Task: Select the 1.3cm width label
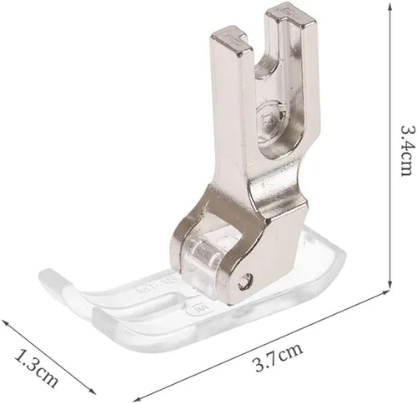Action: pyautogui.click(x=37, y=368)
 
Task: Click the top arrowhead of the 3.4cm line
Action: pyautogui.click(x=389, y=7)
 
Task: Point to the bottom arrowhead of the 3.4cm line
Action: pyautogui.click(x=389, y=284)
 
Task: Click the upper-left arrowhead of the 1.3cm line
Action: pyautogui.click(x=5, y=323)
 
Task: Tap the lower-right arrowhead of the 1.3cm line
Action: pyautogui.click(x=92, y=391)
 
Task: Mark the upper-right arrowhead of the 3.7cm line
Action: pyautogui.click(x=385, y=292)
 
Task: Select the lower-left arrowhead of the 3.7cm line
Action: pyautogui.click(x=138, y=399)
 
